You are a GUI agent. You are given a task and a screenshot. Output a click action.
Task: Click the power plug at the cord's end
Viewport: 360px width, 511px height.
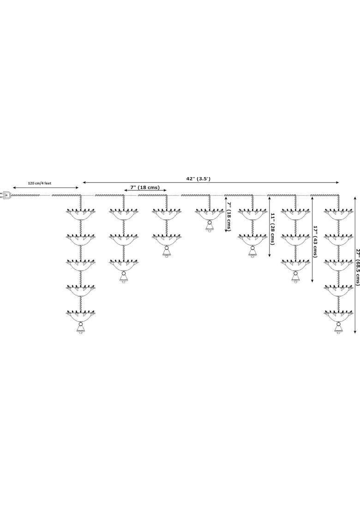click(6, 195)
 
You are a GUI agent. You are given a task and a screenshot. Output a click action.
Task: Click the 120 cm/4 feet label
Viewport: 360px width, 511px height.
click(39, 184)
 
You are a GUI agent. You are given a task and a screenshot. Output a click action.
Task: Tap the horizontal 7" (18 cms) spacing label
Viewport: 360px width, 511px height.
click(145, 187)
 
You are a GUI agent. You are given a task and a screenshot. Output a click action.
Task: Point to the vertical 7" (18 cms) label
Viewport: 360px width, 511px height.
click(228, 216)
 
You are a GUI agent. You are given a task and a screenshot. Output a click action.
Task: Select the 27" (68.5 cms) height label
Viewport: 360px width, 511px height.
click(357, 267)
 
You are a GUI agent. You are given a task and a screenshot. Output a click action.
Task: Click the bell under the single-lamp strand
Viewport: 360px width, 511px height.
click(209, 225)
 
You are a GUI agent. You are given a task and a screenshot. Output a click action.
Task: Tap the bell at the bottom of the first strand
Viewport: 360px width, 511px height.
click(80, 327)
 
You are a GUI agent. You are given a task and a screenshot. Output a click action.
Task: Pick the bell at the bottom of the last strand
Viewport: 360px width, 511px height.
click(338, 327)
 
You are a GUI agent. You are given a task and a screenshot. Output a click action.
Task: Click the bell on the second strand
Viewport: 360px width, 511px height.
click(123, 277)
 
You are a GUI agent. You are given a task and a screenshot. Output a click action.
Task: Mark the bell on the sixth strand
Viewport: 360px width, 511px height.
click(295, 277)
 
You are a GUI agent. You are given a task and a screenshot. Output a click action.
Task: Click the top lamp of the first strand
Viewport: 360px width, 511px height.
click(80, 214)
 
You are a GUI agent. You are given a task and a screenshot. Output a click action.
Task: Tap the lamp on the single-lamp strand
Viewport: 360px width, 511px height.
click(209, 214)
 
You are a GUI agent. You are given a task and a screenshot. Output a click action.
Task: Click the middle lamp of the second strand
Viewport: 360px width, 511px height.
click(123, 239)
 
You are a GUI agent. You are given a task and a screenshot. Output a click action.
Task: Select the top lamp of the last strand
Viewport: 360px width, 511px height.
click(338, 214)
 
